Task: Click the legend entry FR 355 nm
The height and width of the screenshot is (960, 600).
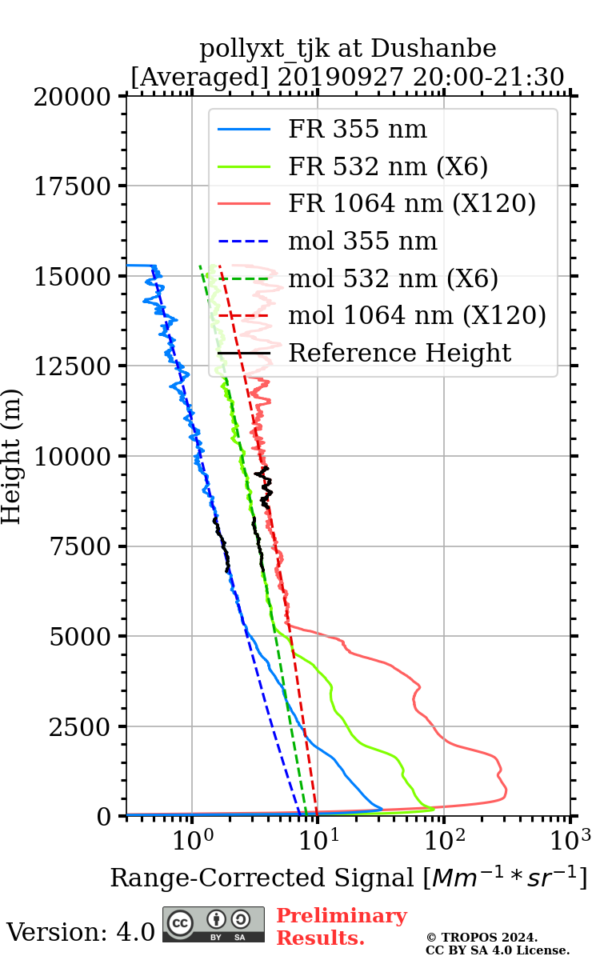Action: pos(357,130)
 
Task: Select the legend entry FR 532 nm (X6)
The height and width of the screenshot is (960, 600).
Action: pos(388,166)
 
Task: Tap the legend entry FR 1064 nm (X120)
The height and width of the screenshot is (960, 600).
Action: pos(411,204)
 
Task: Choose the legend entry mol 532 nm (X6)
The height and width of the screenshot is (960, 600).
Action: pos(393,278)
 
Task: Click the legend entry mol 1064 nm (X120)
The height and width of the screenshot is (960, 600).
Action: pos(417,315)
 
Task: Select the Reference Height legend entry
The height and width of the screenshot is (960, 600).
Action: pos(399,353)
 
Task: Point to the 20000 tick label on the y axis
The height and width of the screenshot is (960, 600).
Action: pos(73,97)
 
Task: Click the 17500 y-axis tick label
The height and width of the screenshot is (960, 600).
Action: pos(73,186)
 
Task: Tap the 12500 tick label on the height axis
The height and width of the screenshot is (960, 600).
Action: pos(73,366)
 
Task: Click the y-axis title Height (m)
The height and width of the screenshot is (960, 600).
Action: pos(12,456)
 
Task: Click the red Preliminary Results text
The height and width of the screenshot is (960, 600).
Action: pos(341,926)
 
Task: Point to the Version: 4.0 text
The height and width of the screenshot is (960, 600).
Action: pos(80,932)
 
